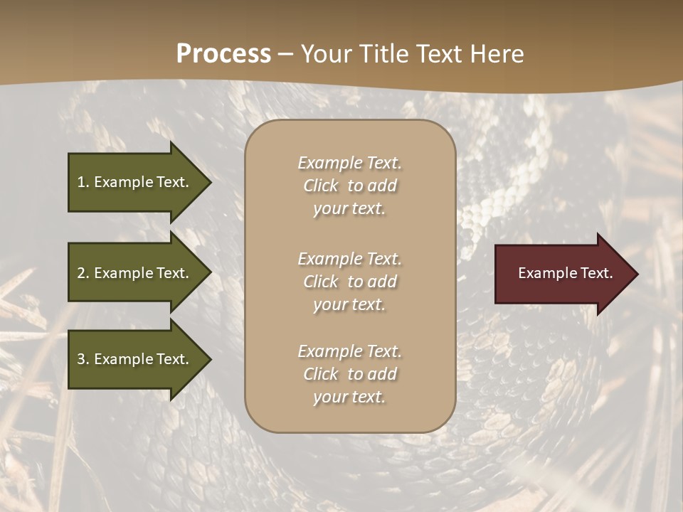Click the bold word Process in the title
click(223, 54)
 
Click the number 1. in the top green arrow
click(83, 182)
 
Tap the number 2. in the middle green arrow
click(83, 273)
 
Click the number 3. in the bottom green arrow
click(83, 359)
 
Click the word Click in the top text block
click(320, 186)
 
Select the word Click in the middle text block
click(320, 282)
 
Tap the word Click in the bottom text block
click(320, 374)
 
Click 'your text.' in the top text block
click(349, 209)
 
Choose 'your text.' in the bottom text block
click(349, 398)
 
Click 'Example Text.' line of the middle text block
click(349, 258)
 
